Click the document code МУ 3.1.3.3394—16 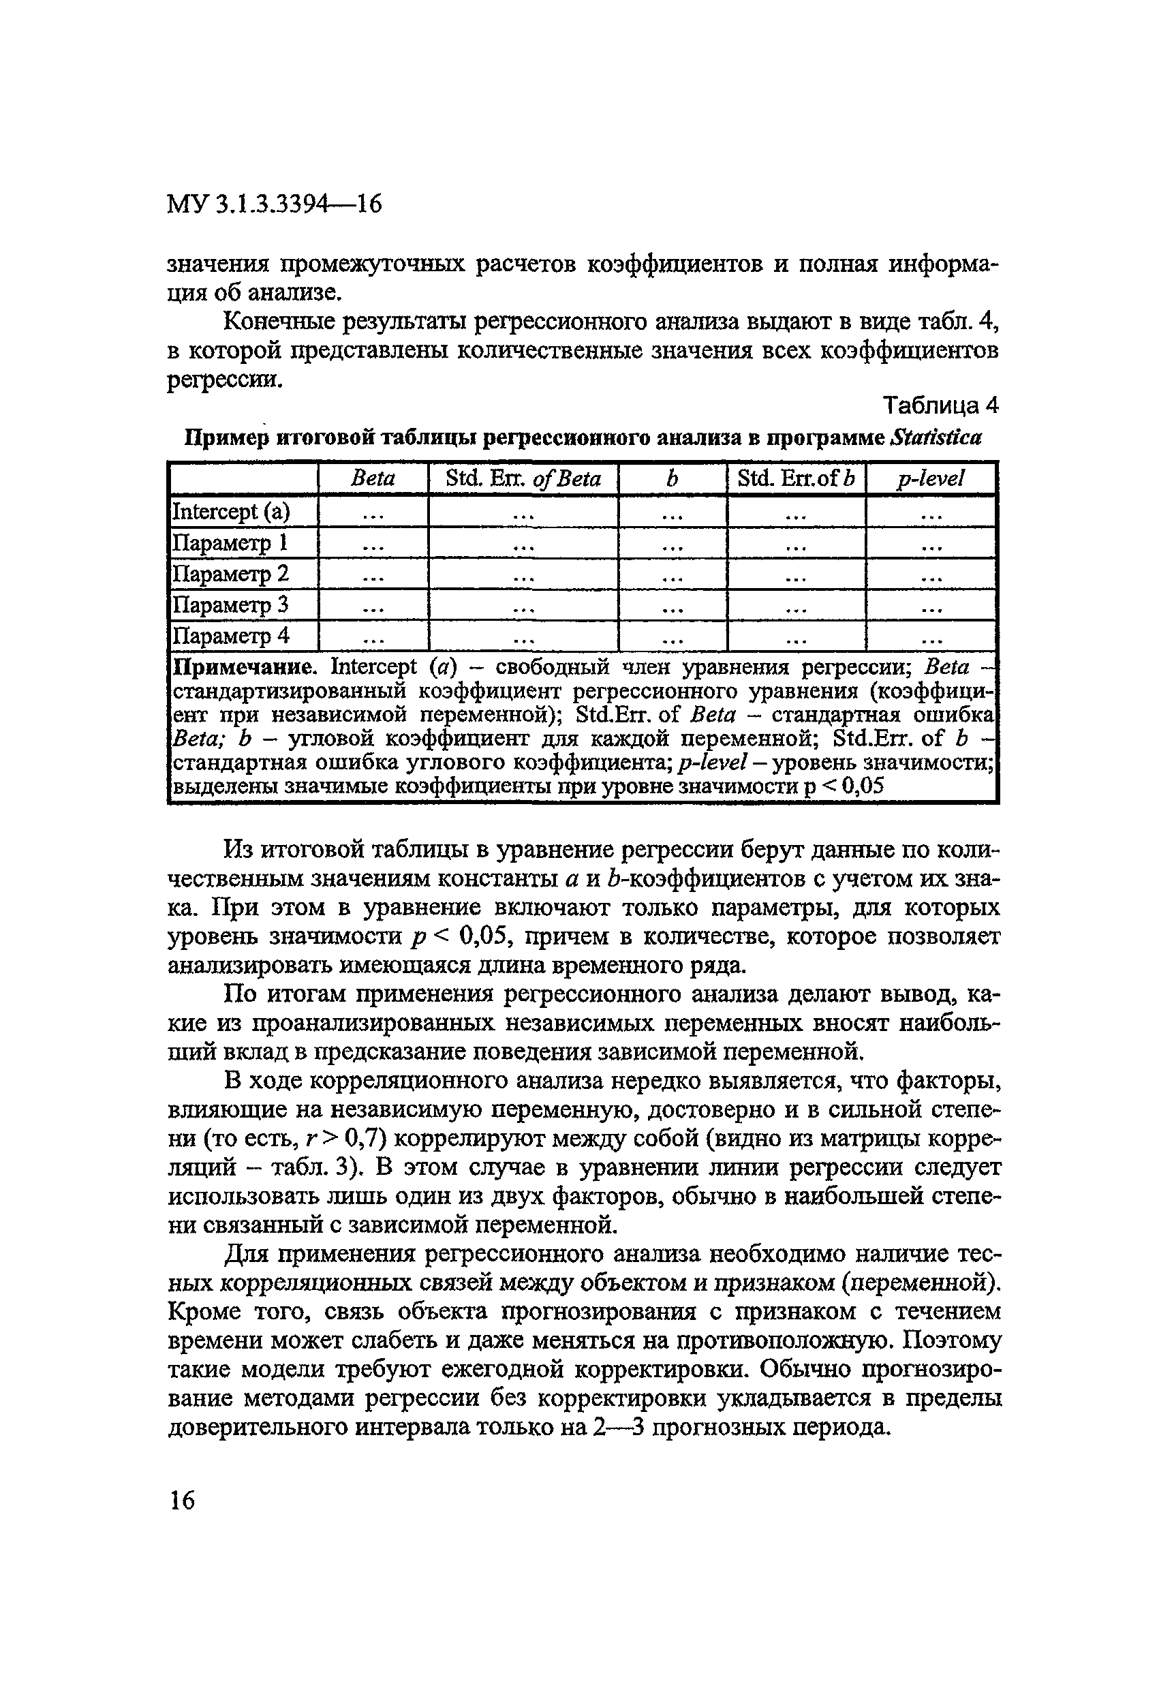274,204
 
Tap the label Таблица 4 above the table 940,405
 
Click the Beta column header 373,478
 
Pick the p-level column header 930,478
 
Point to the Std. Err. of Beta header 523,478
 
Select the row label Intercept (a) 230,511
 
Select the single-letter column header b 672,478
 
